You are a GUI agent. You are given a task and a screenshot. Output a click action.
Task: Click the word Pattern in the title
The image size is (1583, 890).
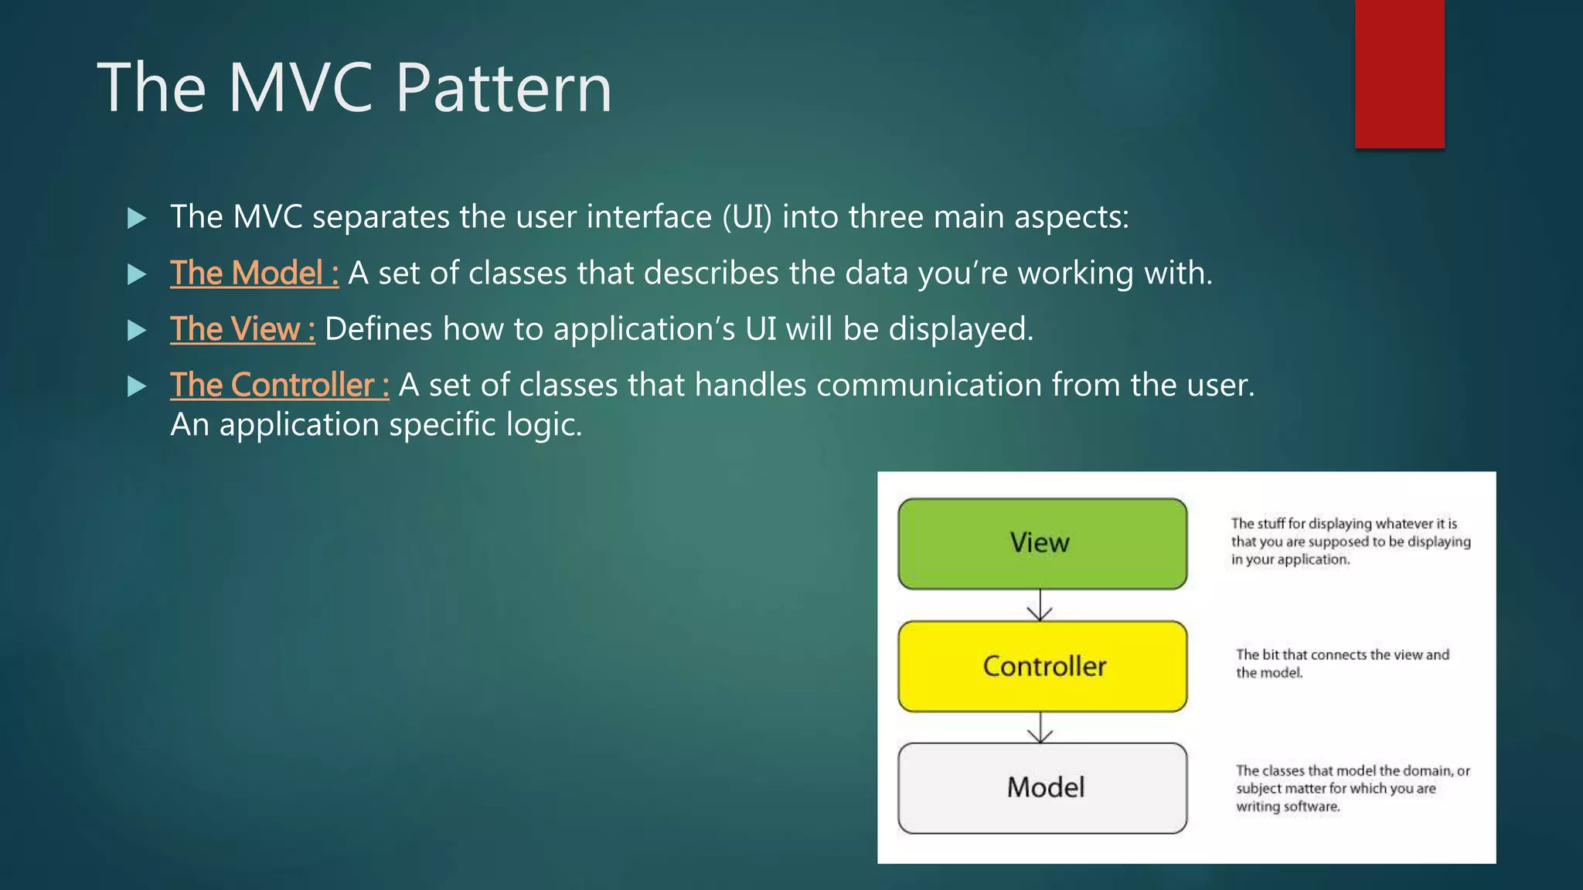click(x=504, y=89)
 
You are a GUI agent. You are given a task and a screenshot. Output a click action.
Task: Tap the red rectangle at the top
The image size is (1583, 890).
click(x=1399, y=73)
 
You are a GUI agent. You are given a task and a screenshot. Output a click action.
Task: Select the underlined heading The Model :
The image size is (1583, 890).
click(x=254, y=273)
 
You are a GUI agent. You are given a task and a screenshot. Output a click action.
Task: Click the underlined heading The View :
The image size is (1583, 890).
click(x=243, y=330)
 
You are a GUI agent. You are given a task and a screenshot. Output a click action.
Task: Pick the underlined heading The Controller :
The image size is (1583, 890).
click(x=279, y=386)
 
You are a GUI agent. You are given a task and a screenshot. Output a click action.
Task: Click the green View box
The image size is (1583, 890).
click(x=1042, y=543)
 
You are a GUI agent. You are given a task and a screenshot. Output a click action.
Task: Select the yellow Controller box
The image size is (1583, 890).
click(x=1042, y=666)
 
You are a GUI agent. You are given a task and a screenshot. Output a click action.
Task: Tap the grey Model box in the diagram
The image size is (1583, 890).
click(x=1042, y=788)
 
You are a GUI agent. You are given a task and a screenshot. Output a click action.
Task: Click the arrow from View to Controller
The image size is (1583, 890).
click(x=1040, y=605)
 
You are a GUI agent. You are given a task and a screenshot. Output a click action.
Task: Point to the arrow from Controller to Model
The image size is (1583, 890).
click(x=1040, y=728)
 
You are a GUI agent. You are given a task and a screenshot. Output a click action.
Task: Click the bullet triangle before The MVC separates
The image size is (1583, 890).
click(x=137, y=218)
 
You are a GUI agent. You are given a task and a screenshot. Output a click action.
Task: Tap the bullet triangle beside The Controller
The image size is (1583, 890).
click(x=137, y=386)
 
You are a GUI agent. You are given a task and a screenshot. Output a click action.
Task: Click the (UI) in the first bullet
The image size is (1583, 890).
click(x=747, y=217)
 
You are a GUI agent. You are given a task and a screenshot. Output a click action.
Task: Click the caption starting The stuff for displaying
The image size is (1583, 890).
click(x=1350, y=542)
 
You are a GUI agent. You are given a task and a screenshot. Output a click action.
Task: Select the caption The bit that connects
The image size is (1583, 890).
click(x=1342, y=664)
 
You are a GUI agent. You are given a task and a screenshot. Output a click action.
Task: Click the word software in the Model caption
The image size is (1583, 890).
click(x=1312, y=807)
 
